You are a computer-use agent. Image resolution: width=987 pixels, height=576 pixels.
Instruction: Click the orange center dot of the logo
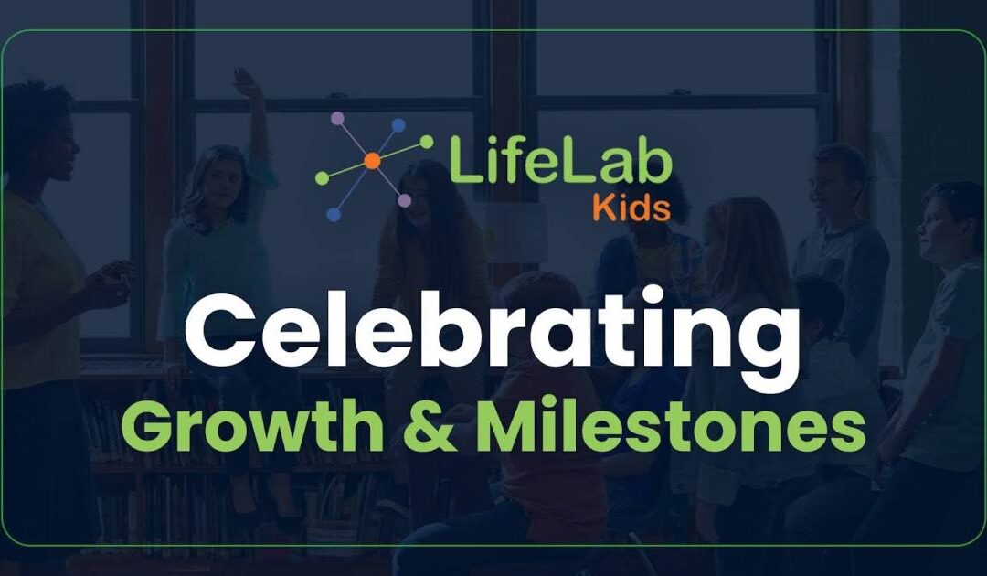click(x=371, y=162)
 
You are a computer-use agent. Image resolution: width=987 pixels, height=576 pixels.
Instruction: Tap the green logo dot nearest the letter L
click(x=427, y=142)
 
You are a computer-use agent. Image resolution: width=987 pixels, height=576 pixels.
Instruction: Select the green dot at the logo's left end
click(x=321, y=178)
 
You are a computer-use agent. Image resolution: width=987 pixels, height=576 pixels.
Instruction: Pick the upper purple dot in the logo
click(x=338, y=118)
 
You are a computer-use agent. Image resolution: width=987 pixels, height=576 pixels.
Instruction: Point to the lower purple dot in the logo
click(x=404, y=200)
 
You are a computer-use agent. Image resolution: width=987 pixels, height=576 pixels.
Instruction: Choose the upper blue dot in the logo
click(x=398, y=124)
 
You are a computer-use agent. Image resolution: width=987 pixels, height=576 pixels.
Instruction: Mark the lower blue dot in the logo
click(x=334, y=214)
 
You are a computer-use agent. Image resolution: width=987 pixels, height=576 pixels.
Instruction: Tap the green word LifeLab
click(x=559, y=162)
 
